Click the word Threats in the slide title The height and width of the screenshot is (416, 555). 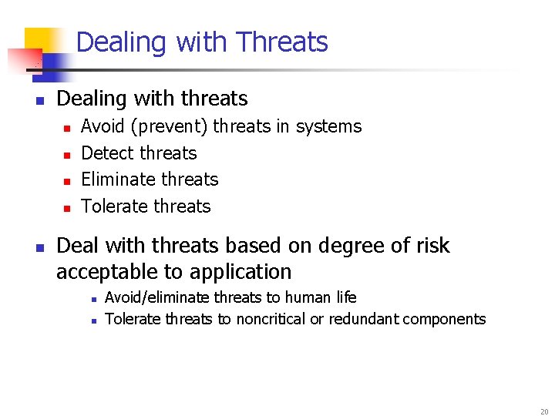coord(282,42)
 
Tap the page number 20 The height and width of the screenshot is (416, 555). coord(543,411)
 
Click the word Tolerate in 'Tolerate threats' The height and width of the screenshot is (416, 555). coord(113,206)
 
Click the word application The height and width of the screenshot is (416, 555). coord(244,272)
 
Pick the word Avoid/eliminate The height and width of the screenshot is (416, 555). coord(157,297)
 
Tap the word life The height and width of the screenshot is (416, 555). coord(346,297)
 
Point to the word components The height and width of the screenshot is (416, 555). coord(447,319)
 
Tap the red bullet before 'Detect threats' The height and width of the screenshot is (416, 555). coord(66,155)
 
